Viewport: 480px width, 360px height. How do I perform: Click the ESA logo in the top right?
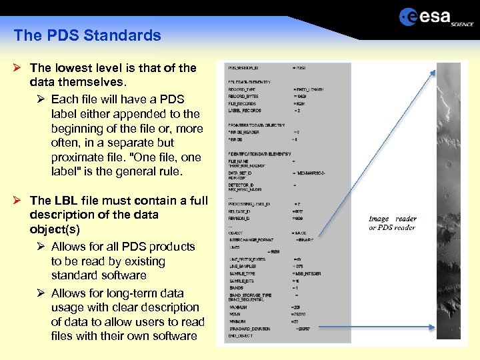(435, 17)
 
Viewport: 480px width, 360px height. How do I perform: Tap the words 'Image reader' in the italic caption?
(393, 219)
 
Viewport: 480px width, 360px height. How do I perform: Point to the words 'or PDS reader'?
(392, 228)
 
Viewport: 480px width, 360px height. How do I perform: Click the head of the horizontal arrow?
(435, 327)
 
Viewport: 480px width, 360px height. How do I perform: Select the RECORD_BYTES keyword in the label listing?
(243, 97)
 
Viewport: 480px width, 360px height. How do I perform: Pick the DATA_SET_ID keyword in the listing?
(242, 173)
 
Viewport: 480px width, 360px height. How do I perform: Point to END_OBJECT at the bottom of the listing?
(242, 336)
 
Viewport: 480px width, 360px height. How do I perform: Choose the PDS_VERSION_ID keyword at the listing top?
(244, 68)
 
